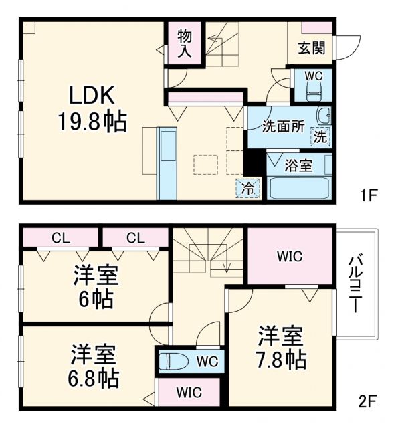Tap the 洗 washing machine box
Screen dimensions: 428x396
pyautogui.click(x=321, y=138)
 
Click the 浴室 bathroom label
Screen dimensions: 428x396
pyautogui.click(x=298, y=165)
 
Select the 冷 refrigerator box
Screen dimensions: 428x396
pyautogui.click(x=248, y=188)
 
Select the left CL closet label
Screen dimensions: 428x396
pyautogui.click(x=60, y=237)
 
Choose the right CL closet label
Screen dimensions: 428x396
pyautogui.click(x=134, y=237)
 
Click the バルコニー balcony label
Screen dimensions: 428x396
pyautogui.click(x=356, y=284)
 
